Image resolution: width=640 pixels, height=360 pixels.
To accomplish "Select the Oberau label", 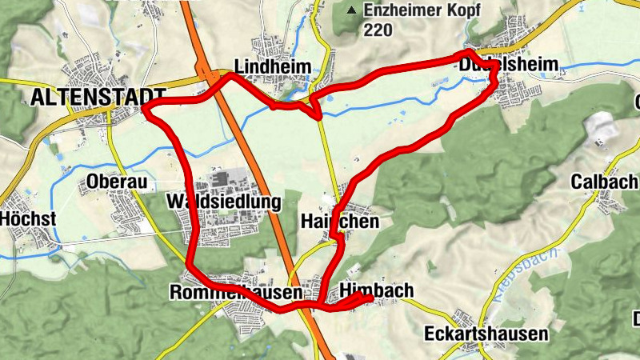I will click(x=118, y=182).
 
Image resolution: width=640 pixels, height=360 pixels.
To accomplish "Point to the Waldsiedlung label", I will click(x=224, y=202).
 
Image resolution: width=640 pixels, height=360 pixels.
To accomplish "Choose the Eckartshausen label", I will click(x=486, y=334).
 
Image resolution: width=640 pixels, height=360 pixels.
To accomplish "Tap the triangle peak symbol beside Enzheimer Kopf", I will click(x=351, y=11).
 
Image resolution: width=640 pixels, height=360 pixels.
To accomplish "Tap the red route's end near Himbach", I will click(x=370, y=298).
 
